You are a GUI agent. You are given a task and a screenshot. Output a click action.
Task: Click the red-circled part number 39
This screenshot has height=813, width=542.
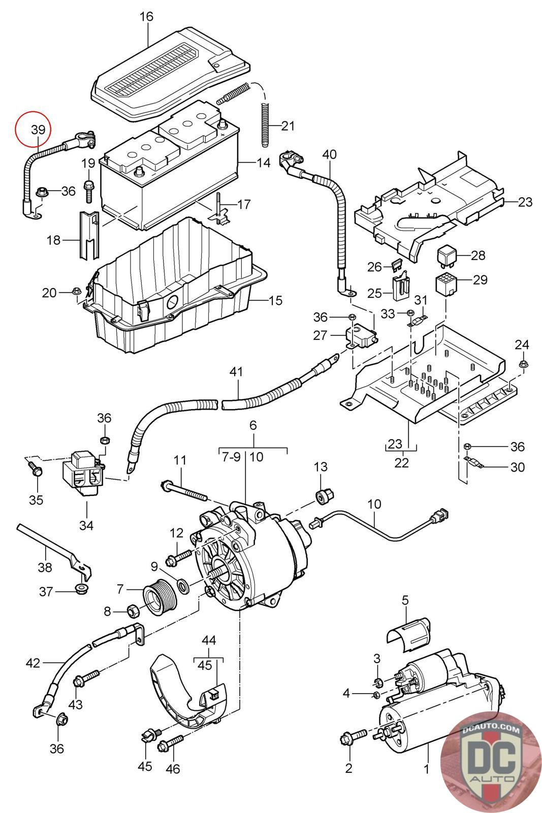point(38,130)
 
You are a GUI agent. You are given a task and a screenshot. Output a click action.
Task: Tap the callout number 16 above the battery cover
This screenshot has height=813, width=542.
point(146,17)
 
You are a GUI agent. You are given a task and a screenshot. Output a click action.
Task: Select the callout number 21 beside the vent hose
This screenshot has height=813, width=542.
point(288,126)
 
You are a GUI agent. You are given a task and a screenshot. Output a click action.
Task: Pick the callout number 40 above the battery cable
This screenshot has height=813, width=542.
point(329,154)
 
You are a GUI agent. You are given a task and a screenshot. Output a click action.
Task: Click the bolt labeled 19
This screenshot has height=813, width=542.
point(88,191)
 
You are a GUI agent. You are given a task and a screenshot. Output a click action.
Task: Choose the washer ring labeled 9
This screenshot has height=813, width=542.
point(182,585)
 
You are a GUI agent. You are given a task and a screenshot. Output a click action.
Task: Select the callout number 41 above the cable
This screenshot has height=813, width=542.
point(236,372)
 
